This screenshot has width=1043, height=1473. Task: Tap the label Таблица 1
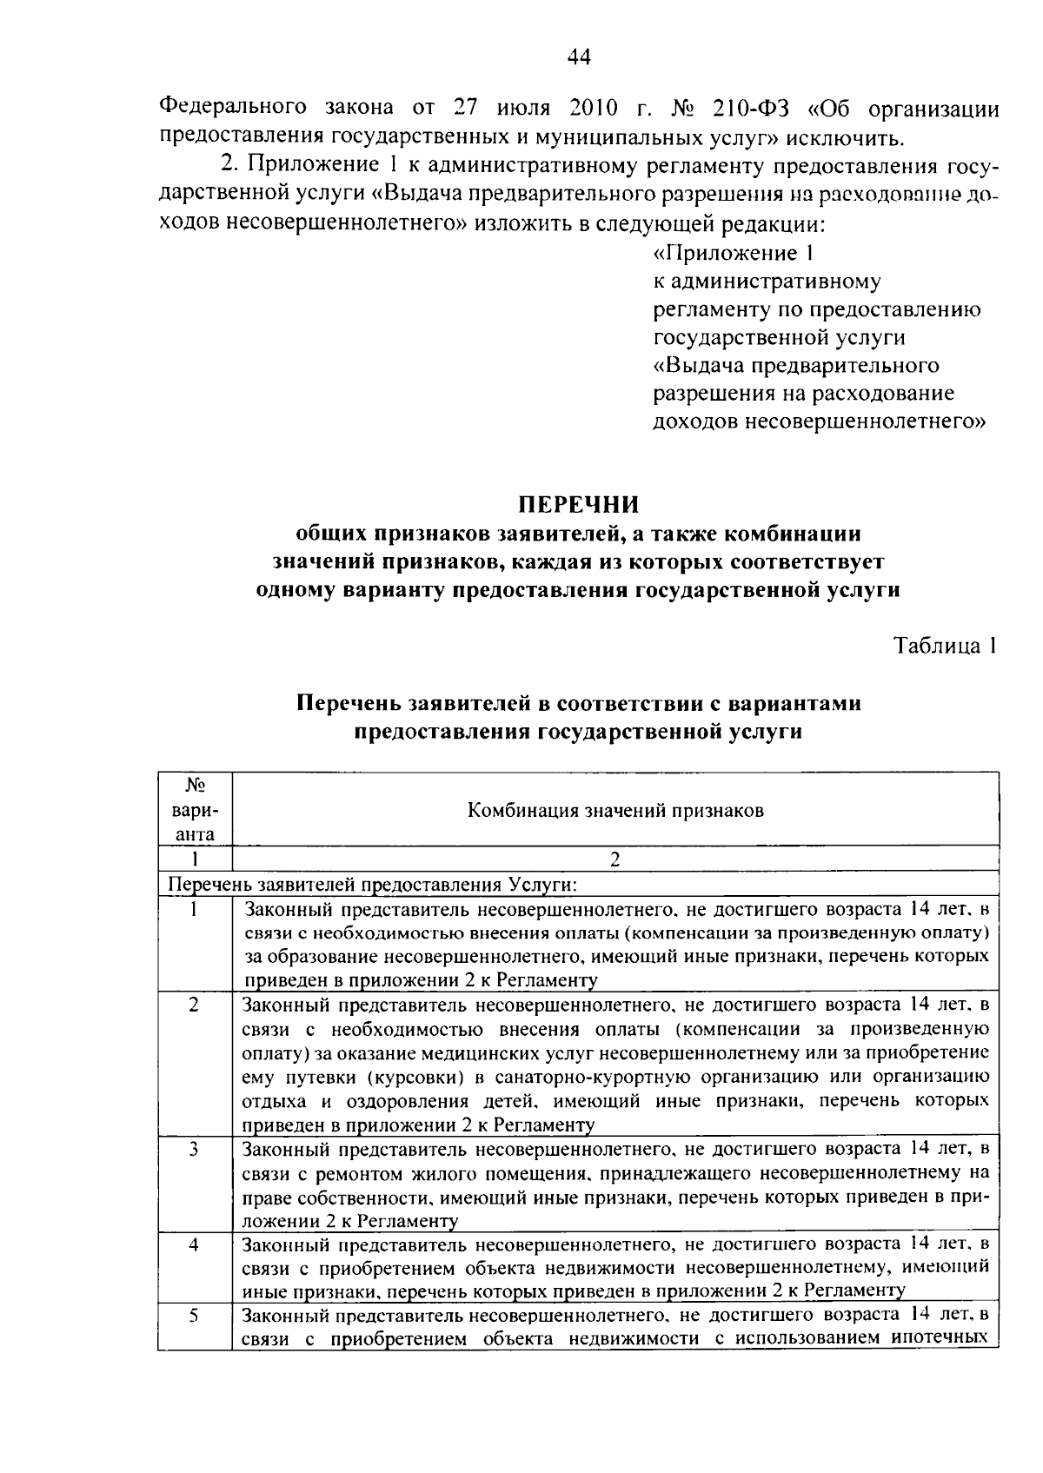click(946, 646)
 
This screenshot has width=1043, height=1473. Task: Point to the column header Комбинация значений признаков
click(616, 811)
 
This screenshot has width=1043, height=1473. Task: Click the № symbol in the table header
click(195, 786)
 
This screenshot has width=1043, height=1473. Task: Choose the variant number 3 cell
click(195, 1150)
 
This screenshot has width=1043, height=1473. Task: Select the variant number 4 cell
click(195, 1244)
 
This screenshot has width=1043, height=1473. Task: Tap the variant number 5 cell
click(195, 1315)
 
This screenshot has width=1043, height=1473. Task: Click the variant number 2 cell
click(195, 1005)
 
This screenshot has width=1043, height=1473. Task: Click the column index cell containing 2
click(615, 859)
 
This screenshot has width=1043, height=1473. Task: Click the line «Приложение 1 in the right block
click(733, 253)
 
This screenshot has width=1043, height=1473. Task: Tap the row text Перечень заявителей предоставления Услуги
click(373, 885)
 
